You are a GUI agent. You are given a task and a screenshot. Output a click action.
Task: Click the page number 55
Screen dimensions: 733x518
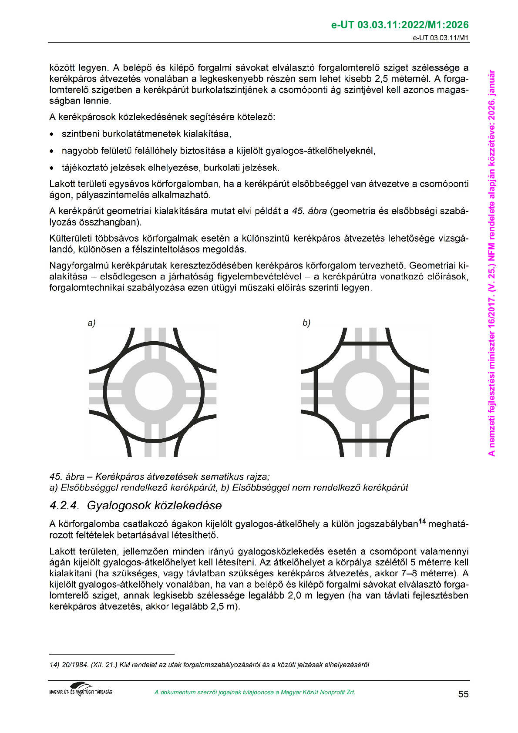click(463, 694)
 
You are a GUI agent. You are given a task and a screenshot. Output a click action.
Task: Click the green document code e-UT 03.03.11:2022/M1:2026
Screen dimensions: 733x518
click(400, 25)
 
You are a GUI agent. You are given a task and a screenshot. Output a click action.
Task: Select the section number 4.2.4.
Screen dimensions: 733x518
click(64, 505)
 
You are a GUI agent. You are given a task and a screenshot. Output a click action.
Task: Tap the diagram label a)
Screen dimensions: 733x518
click(91, 323)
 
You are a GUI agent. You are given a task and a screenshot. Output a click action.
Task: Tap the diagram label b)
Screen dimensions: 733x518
click(306, 323)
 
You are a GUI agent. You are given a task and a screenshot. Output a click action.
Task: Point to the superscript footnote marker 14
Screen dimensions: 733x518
click(422, 521)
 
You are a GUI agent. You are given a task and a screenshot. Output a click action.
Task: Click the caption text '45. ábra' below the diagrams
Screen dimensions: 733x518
click(67, 477)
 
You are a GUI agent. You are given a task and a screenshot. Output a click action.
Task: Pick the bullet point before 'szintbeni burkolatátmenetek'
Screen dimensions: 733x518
click(52, 134)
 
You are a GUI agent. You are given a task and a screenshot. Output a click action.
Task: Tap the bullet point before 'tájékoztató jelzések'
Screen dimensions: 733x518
click(52, 168)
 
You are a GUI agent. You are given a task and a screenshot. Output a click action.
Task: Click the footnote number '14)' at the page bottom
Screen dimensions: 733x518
click(54, 665)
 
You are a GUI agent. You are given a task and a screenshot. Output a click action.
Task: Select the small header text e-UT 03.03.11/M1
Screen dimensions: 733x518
click(441, 37)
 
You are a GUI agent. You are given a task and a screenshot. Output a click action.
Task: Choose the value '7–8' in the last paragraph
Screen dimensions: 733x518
click(410, 573)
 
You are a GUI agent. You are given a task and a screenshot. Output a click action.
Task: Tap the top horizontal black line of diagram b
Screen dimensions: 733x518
click(365, 343)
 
